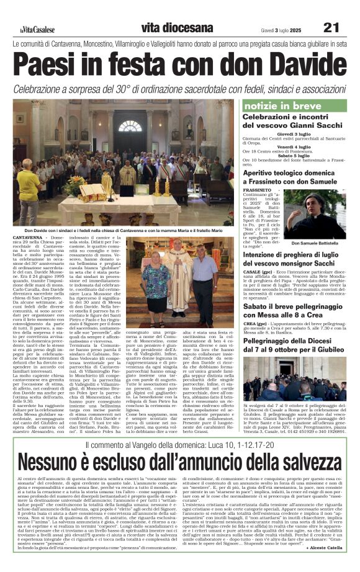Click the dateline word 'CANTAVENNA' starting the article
click(27, 238)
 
